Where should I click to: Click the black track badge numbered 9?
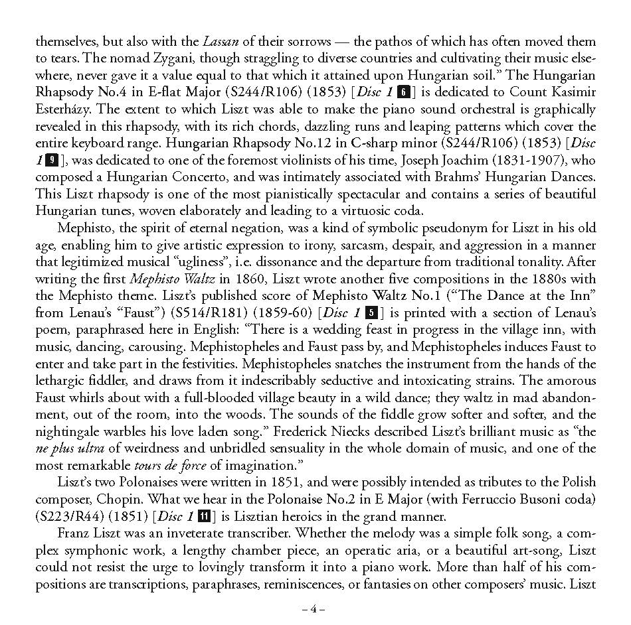pyautogui.click(x=53, y=160)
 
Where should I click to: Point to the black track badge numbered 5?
pyautogui.click(x=372, y=312)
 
